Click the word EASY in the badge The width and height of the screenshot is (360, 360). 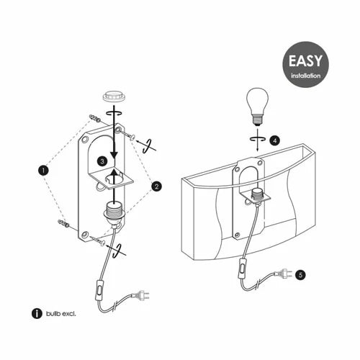[x=305, y=60]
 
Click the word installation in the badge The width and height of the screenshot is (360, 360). [x=306, y=76]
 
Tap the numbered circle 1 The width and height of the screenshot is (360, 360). [x=43, y=171]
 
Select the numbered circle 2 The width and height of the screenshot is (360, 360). [x=156, y=186]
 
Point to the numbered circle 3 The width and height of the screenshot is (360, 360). [x=102, y=161]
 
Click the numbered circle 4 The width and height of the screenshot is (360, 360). [x=274, y=140]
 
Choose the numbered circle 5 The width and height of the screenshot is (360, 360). [x=300, y=275]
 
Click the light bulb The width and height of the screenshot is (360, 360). [x=257, y=106]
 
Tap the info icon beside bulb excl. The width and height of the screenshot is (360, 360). [x=37, y=313]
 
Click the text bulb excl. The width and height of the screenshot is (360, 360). [x=61, y=313]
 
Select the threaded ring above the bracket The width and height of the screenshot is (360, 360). [x=114, y=96]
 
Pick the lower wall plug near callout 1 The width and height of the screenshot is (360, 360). [x=63, y=223]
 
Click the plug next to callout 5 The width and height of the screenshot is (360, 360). [x=284, y=274]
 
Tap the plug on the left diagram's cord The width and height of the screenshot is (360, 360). [x=140, y=294]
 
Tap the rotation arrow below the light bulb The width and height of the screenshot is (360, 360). [x=257, y=138]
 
